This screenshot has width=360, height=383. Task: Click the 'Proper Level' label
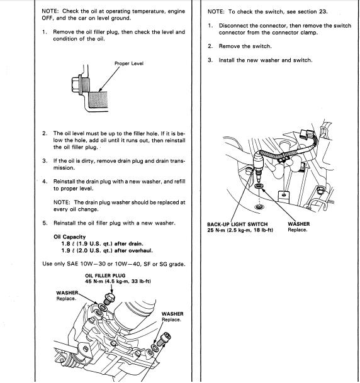[x=129, y=64]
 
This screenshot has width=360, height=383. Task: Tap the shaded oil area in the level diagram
[x=98, y=99]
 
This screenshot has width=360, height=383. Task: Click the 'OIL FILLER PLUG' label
[x=105, y=275]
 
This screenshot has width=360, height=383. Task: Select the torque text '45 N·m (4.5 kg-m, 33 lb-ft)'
[x=118, y=281]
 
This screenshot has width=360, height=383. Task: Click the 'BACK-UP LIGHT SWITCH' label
[x=237, y=225]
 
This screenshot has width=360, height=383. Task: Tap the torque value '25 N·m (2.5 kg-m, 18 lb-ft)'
[x=240, y=230]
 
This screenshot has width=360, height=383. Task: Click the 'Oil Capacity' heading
[x=70, y=237]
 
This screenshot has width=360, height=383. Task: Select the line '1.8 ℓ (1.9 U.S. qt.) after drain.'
[x=102, y=244]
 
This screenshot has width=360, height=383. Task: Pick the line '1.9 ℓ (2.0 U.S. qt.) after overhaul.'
[x=107, y=250]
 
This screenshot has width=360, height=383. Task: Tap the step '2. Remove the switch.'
[x=240, y=46]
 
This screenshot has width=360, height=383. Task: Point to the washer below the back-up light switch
[x=259, y=186]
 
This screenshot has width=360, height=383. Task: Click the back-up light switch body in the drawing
[x=258, y=163]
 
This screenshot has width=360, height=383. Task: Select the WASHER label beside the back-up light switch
[x=299, y=224]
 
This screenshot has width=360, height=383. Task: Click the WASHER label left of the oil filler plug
[x=67, y=293]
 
